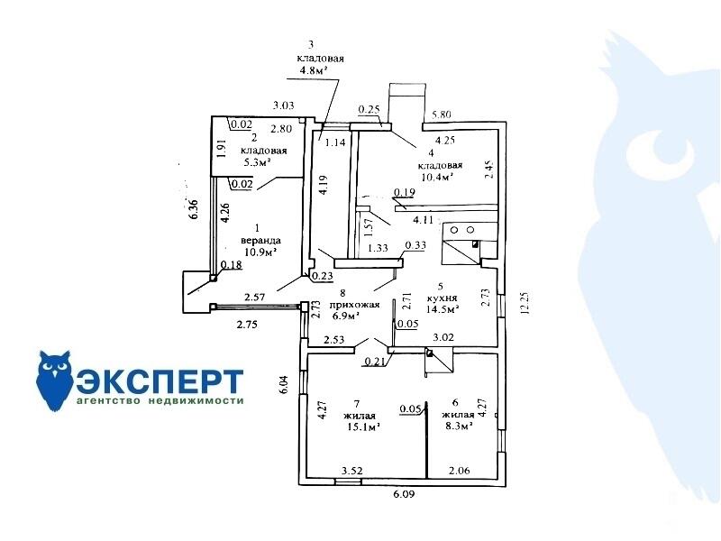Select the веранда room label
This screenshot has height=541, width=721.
[x=260, y=241]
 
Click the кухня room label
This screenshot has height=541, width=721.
[x=443, y=297]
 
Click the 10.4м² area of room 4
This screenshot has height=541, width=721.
[x=434, y=178]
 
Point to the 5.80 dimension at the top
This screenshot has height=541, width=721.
[x=442, y=115]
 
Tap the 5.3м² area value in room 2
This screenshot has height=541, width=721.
[x=258, y=163]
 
